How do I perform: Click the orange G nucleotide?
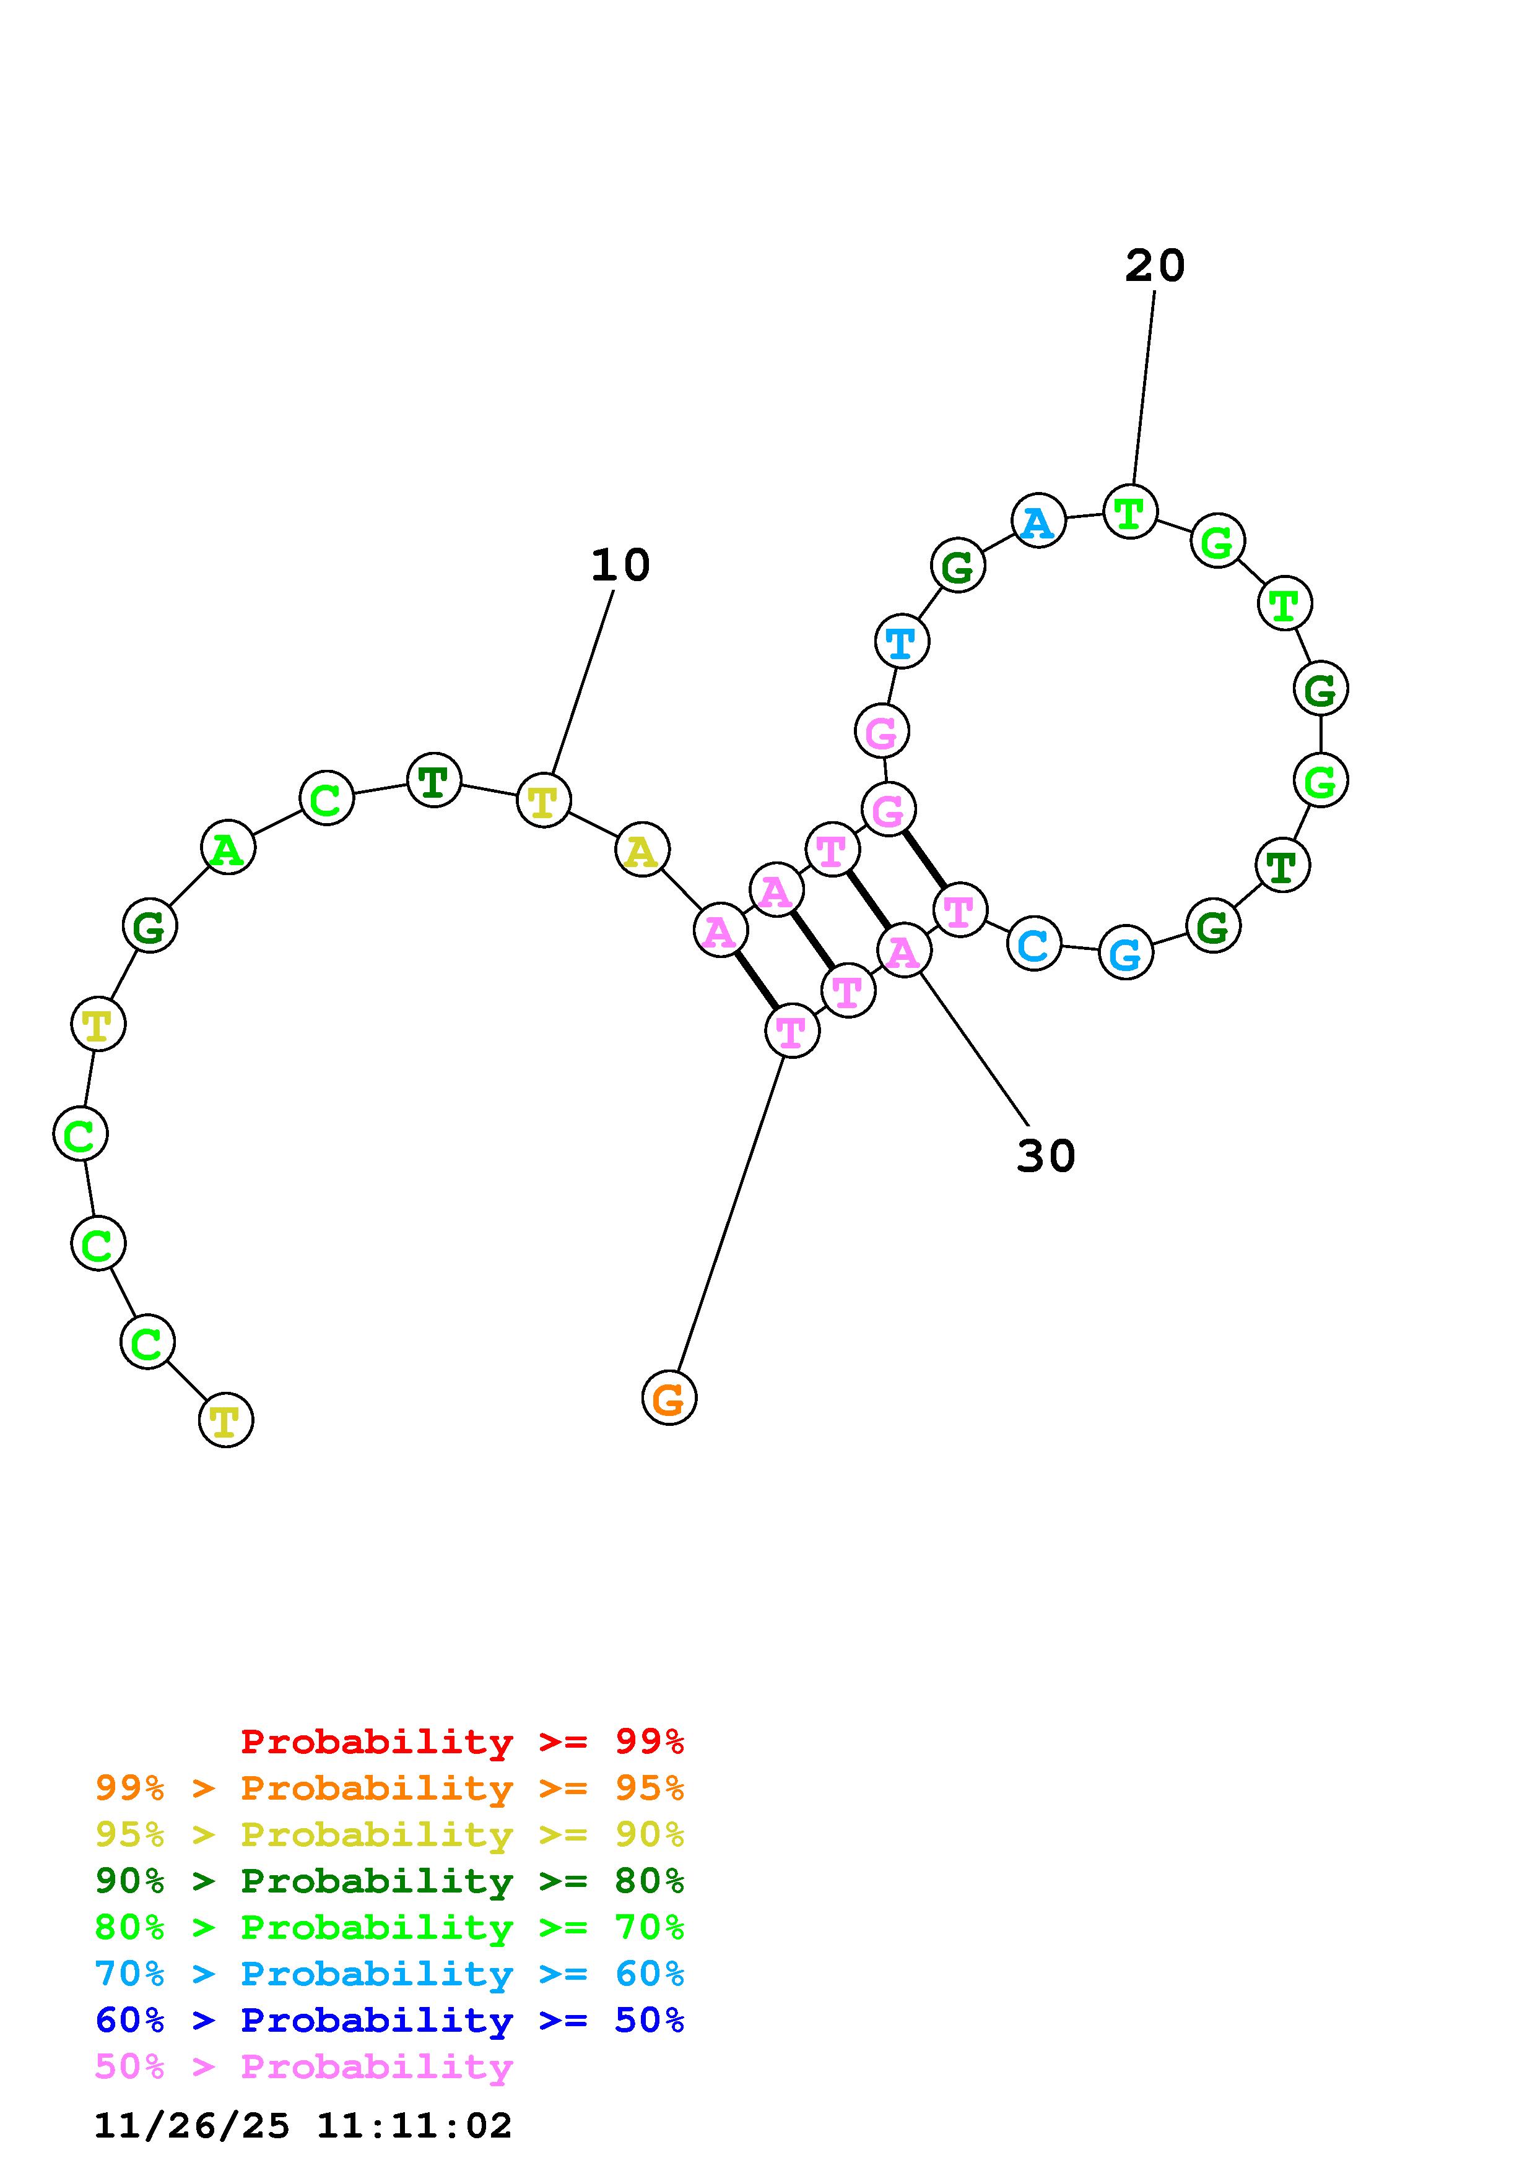669,1397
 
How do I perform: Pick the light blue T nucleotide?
902,641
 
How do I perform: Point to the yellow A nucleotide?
642,850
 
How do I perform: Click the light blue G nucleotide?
1126,952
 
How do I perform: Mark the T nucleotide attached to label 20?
1130,512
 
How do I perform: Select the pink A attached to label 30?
904,951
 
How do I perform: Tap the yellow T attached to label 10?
544,800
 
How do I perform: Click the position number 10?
620,566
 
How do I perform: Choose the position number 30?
1045,1155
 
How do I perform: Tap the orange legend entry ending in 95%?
389,1788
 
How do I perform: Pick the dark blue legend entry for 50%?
389,2020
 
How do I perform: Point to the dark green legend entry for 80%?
389,1881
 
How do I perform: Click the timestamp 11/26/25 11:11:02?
303,2126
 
